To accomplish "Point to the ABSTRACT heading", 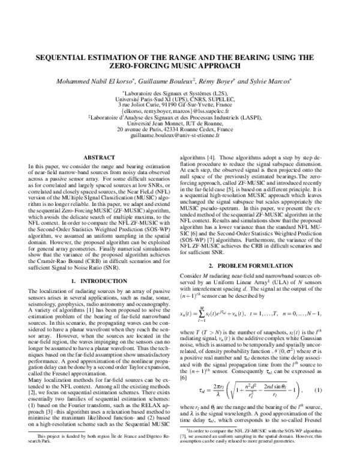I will point(98,157).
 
